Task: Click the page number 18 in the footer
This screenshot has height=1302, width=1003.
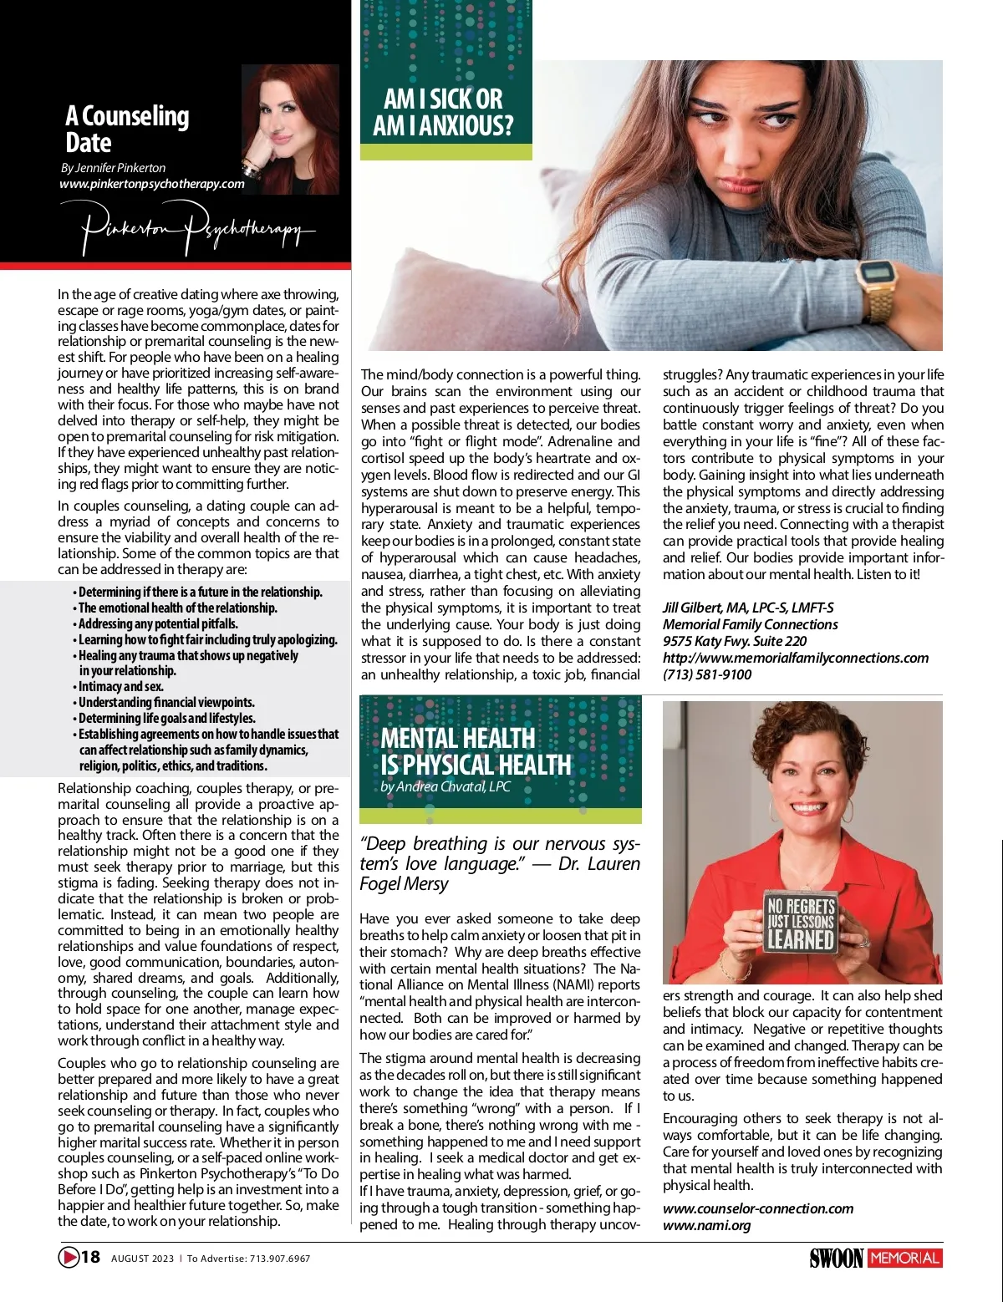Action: pos(90,1257)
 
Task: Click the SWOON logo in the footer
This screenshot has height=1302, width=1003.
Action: pos(836,1258)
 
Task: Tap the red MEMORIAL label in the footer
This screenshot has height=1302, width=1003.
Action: pos(905,1258)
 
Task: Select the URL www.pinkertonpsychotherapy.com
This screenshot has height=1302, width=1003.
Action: pos(152,184)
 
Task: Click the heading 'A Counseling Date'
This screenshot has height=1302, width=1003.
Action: pos(127,129)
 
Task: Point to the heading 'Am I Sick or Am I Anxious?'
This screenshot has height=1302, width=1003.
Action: pos(443,113)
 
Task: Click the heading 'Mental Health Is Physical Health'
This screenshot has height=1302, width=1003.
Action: pos(475,751)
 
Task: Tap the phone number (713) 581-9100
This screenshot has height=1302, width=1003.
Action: pos(707,674)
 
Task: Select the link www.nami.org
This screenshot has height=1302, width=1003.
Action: pos(706,1225)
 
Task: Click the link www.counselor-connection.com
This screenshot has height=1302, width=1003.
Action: pos(758,1208)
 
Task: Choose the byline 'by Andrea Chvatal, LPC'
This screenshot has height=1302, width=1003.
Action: pos(445,787)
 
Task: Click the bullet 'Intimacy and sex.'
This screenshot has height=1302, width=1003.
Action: pos(120,687)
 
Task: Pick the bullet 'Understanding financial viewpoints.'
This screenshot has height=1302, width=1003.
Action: pos(166,703)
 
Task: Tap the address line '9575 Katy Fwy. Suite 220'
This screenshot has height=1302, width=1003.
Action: pos(735,641)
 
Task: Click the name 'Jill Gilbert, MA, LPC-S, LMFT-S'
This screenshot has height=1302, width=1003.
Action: pos(748,608)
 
